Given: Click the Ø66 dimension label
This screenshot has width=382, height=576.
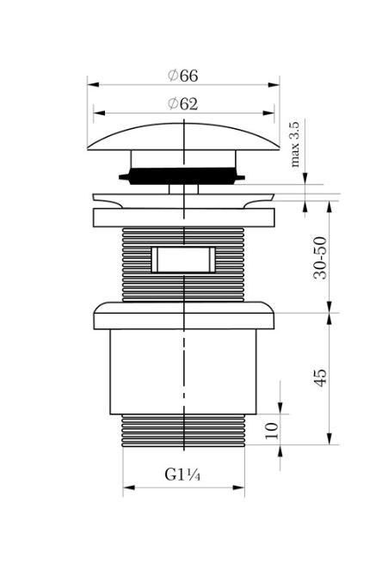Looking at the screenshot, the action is pos(182,76).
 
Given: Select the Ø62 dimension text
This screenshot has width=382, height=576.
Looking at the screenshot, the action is pos(182,104).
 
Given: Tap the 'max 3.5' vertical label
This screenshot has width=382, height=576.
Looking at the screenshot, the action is pos(295,144).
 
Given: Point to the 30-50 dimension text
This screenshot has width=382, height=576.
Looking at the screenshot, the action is pos(320,258).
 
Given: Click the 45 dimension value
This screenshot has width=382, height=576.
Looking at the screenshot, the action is pos(320,377).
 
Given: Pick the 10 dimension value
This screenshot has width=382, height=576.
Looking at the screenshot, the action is pos(271,431).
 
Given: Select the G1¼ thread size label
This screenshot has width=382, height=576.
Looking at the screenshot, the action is pos(182,475).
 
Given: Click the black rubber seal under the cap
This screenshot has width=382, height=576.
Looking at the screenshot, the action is pos(182,176).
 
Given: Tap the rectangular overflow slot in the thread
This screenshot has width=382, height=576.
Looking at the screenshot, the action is pos(183,260).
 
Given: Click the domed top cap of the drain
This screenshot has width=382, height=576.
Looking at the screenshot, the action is pos(183,137).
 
